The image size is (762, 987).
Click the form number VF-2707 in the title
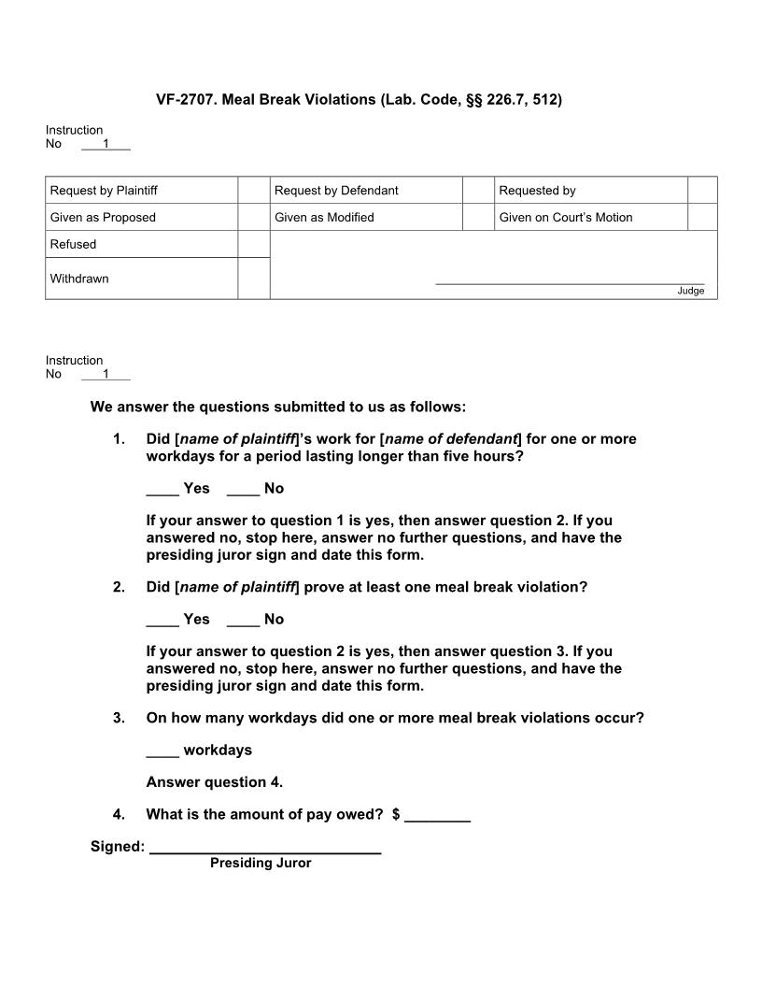(185, 99)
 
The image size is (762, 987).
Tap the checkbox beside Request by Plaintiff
(253, 190)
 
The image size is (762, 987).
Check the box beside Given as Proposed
(253, 217)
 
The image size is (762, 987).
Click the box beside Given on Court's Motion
(702, 217)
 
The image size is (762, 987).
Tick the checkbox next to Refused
(253, 244)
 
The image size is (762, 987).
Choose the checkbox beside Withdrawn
(253, 279)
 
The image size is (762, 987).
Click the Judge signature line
(570, 281)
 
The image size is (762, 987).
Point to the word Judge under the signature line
(691, 291)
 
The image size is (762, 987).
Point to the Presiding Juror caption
(261, 864)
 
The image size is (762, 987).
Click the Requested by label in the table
(537, 191)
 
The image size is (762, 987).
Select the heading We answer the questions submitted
(277, 408)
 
